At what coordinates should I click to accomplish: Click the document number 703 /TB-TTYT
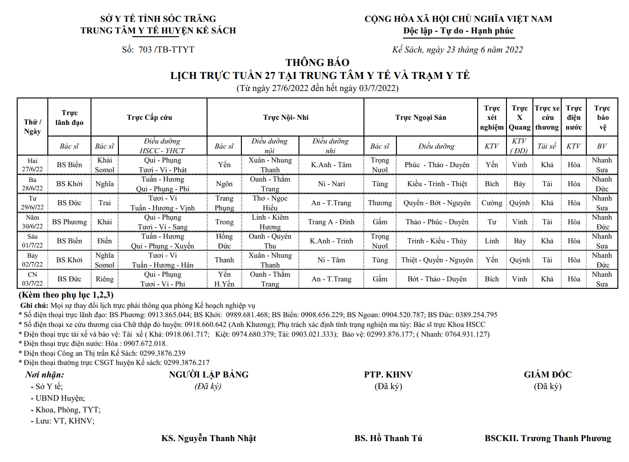(x=166, y=50)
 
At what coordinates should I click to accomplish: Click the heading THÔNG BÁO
(x=317, y=63)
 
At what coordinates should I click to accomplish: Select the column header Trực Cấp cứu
(x=149, y=117)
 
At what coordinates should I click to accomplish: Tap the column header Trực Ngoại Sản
(x=421, y=117)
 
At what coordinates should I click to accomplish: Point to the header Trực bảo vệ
(x=602, y=117)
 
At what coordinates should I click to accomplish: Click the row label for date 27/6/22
(x=32, y=165)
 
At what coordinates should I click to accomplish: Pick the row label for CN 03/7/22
(x=32, y=279)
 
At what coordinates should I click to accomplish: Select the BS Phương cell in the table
(x=69, y=222)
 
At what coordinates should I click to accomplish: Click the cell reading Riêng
(x=104, y=279)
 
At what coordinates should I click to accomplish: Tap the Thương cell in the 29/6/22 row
(x=380, y=203)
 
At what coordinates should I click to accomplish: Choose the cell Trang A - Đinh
(x=331, y=222)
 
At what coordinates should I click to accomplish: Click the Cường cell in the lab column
(x=492, y=203)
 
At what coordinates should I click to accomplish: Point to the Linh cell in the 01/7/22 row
(x=492, y=241)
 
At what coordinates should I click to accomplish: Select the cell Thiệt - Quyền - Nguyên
(x=437, y=260)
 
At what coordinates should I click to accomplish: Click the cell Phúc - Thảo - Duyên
(x=437, y=165)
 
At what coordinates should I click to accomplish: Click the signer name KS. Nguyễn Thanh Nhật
(x=208, y=438)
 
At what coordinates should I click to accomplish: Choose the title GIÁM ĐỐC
(x=547, y=375)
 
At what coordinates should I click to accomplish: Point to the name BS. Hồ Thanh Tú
(x=388, y=438)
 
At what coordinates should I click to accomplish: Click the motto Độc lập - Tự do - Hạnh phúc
(x=458, y=31)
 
